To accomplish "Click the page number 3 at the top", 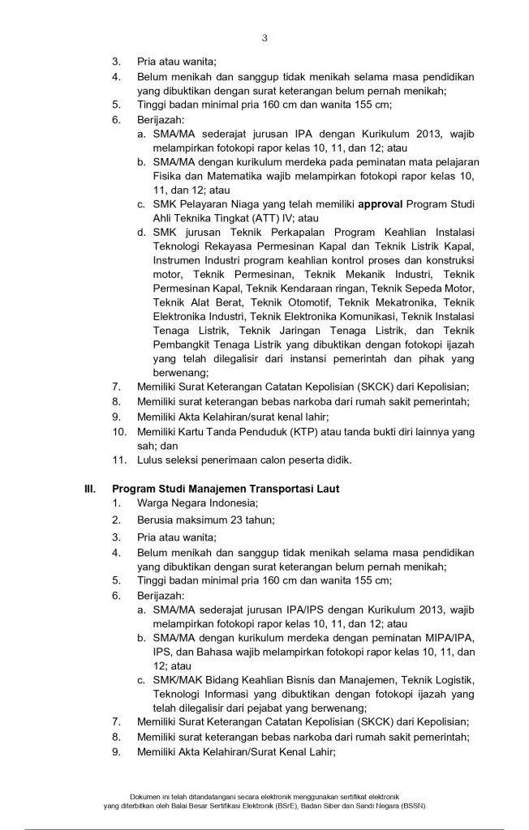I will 264,38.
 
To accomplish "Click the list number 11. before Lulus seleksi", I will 119,460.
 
